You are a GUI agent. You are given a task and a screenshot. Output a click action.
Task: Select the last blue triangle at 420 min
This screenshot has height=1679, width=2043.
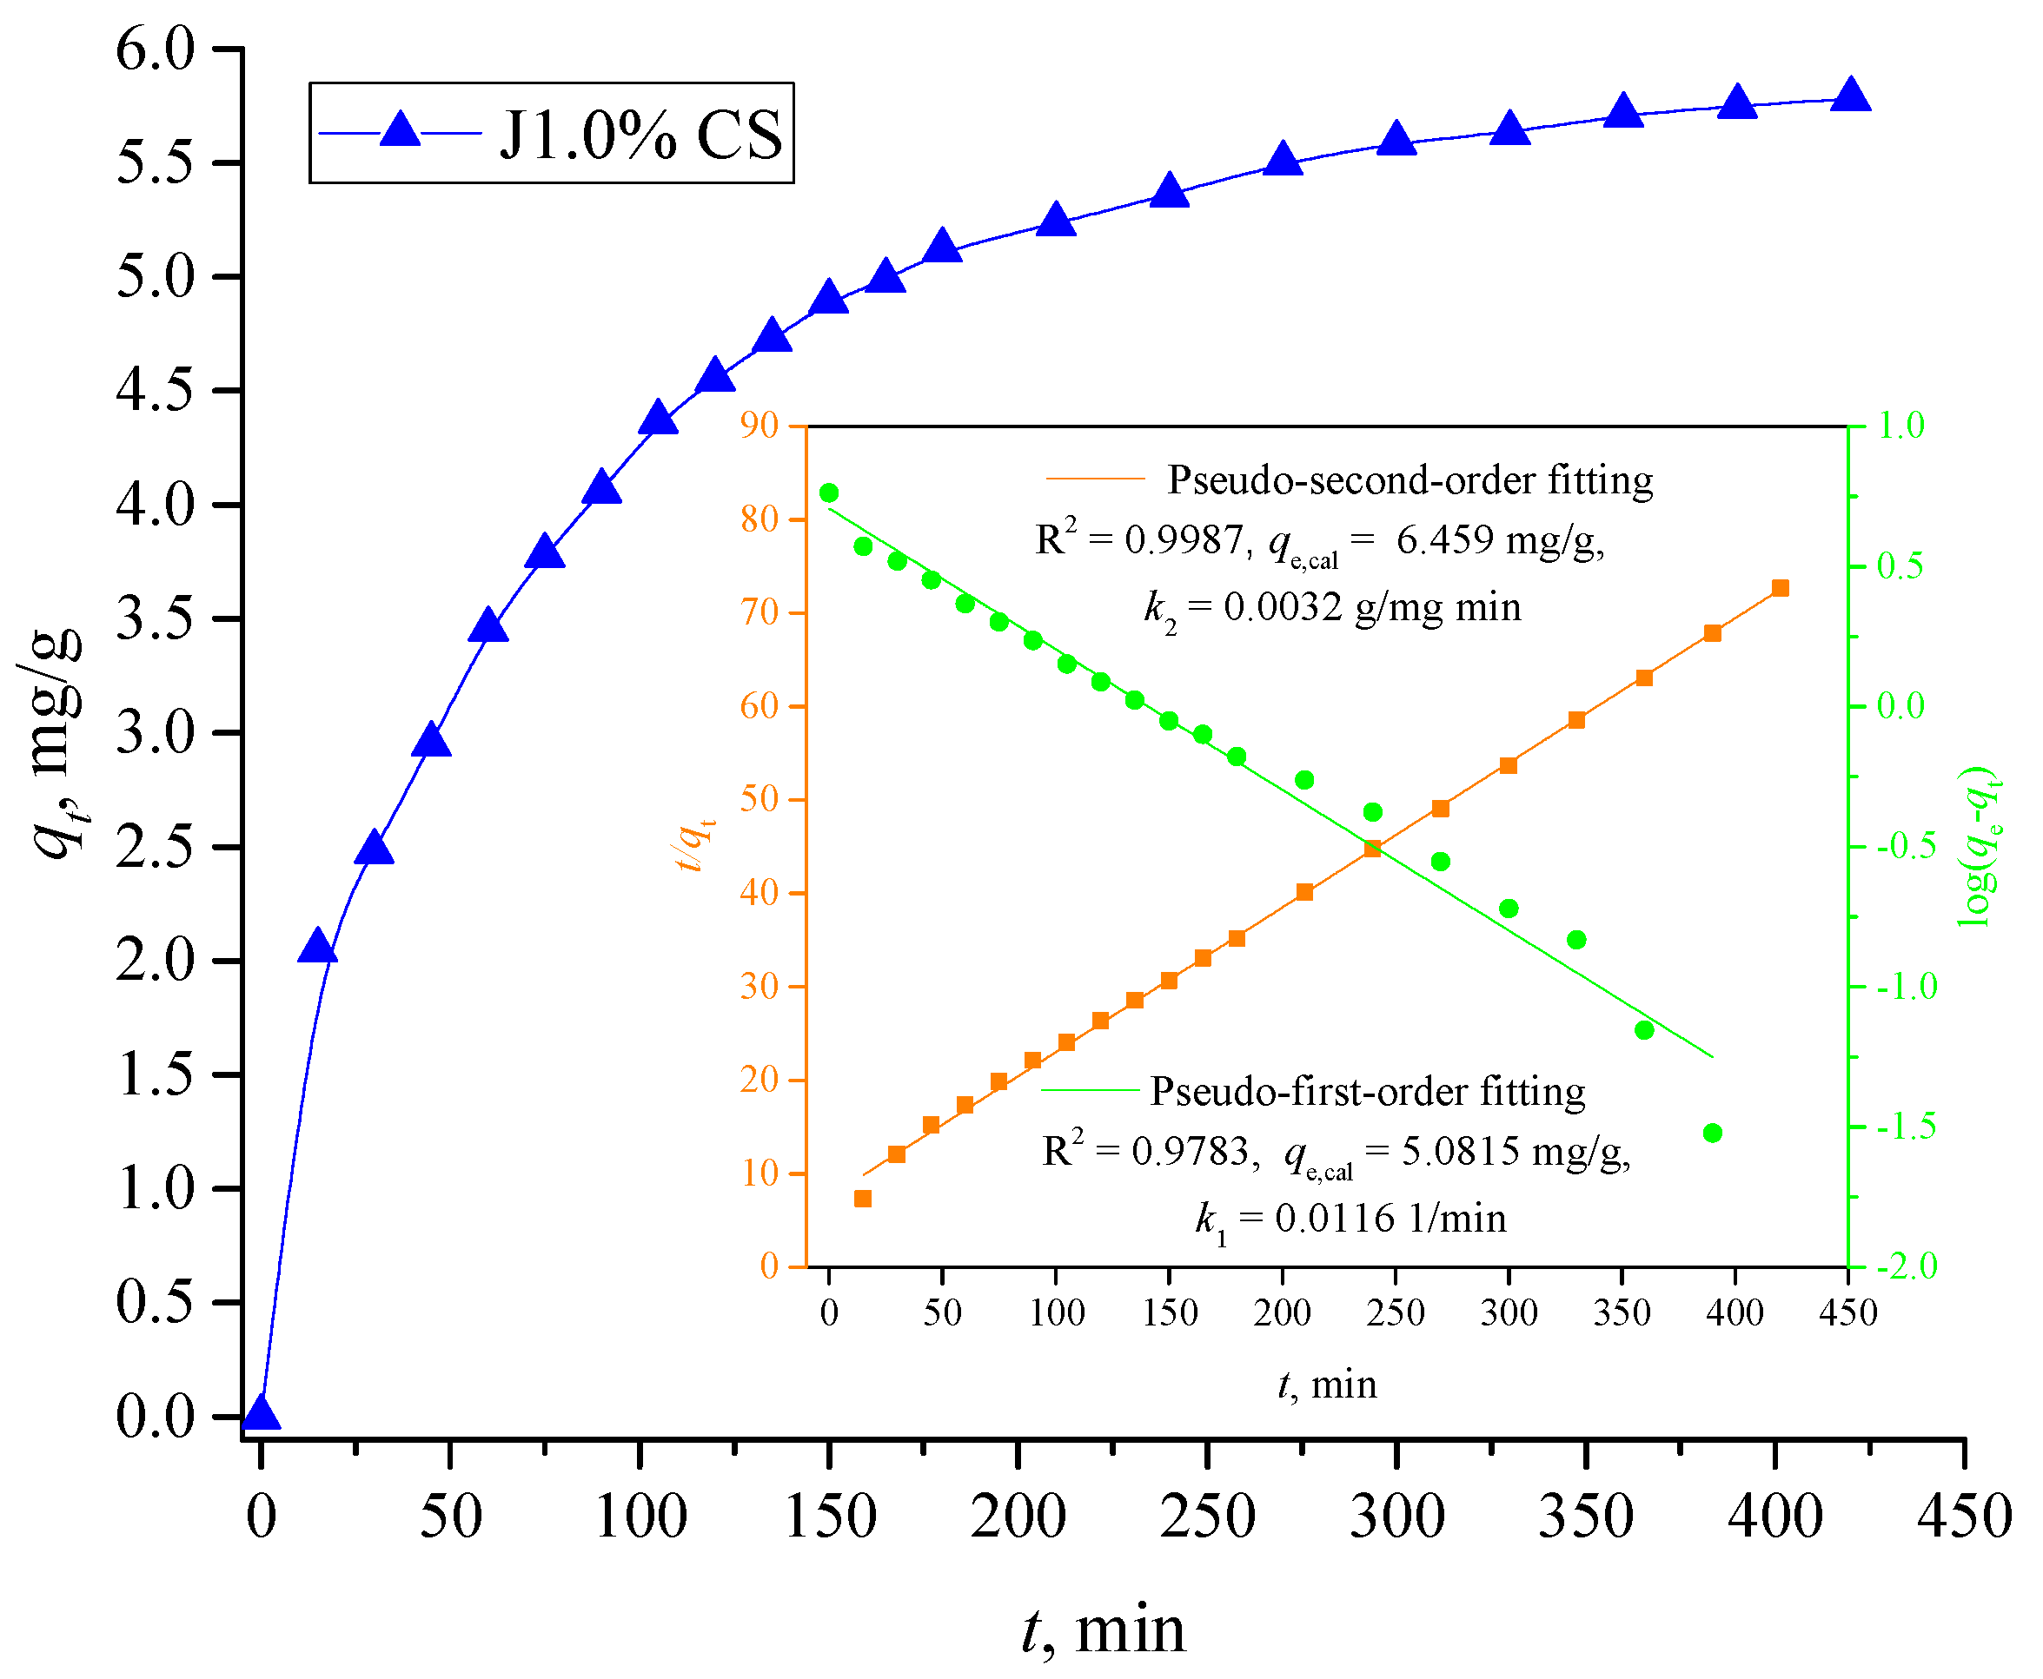tap(1850, 95)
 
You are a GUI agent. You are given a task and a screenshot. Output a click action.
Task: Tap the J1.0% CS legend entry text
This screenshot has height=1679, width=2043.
tap(640, 135)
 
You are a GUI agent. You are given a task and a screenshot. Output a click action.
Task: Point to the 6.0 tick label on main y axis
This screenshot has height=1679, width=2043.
tap(156, 49)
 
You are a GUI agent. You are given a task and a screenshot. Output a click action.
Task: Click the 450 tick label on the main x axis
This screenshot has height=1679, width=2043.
tap(1964, 1516)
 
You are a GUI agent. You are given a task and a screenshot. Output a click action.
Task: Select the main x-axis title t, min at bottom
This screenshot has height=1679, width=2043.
tap(1103, 1629)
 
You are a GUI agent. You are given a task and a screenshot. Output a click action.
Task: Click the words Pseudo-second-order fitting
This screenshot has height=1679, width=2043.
tap(1410, 479)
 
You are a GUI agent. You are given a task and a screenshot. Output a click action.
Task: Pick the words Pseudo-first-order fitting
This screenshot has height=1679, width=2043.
tap(1367, 1091)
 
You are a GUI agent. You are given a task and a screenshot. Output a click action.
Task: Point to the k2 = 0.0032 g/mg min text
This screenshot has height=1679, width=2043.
tap(1333, 607)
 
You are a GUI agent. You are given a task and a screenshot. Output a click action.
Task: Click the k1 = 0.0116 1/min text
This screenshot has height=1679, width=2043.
tap(1350, 1219)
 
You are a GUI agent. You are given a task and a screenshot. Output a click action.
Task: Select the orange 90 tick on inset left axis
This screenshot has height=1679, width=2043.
tap(759, 426)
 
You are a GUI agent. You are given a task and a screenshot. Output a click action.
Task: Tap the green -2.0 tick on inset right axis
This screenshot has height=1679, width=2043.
tap(1906, 1266)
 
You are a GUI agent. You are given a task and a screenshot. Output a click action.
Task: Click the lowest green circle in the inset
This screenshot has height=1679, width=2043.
tap(1712, 1133)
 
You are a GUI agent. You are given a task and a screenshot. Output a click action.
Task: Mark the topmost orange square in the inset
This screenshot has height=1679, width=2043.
tap(1780, 588)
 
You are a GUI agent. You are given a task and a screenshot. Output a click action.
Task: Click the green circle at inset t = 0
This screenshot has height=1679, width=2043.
tap(829, 493)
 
